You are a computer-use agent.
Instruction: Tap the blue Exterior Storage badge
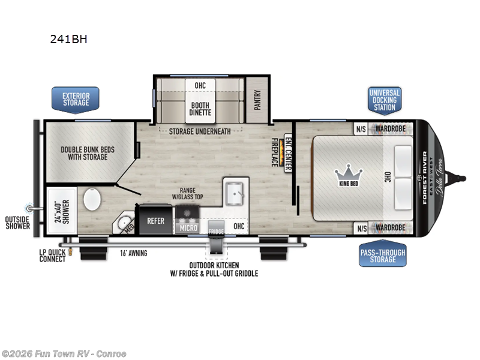click(x=76, y=98)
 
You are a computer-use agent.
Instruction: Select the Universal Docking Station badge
click(x=385, y=100)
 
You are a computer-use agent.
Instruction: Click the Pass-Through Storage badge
click(x=383, y=255)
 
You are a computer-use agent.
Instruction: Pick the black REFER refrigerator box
click(x=155, y=221)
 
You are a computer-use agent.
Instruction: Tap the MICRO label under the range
click(x=187, y=228)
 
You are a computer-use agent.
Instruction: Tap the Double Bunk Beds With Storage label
click(x=88, y=153)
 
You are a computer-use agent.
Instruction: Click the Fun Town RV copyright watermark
click(x=64, y=353)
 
